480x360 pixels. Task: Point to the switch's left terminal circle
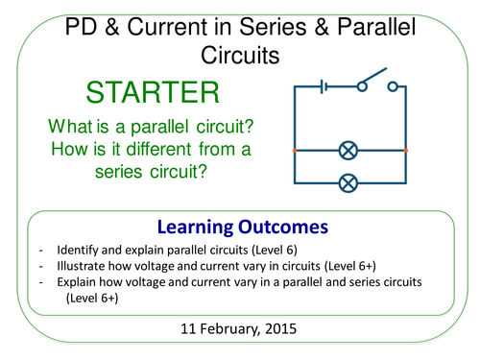tap(362, 86)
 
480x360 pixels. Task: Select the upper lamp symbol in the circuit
tap(350, 151)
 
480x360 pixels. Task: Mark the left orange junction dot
tap(295, 151)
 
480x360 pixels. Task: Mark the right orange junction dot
tap(406, 151)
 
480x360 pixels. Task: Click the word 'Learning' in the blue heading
tap(193, 227)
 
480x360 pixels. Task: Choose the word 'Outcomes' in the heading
tap(276, 227)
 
